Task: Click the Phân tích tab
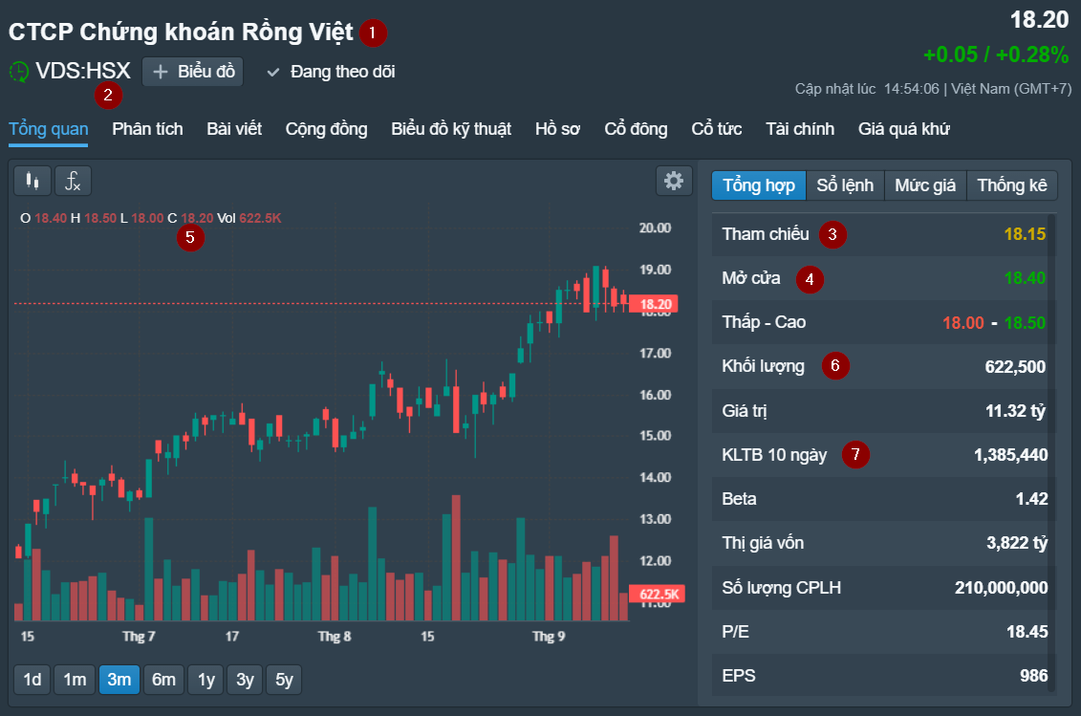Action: pyautogui.click(x=147, y=129)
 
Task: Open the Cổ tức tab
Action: pyautogui.click(x=717, y=129)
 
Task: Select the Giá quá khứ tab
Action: pyautogui.click(x=903, y=129)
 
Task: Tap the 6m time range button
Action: pyautogui.click(x=164, y=680)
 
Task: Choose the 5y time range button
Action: pyautogui.click(x=284, y=680)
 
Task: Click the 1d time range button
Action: pyautogui.click(x=32, y=680)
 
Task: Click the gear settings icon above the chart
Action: pyautogui.click(x=674, y=181)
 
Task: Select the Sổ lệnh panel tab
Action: pyautogui.click(x=845, y=185)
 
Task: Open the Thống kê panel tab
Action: pyautogui.click(x=1012, y=185)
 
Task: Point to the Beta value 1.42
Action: pyautogui.click(x=1031, y=499)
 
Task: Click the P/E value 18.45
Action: pyautogui.click(x=1027, y=631)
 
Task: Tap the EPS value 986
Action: pyautogui.click(x=1033, y=676)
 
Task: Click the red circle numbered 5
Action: pyautogui.click(x=190, y=237)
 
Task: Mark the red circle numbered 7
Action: pyautogui.click(x=855, y=455)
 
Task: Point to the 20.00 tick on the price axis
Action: pyautogui.click(x=654, y=228)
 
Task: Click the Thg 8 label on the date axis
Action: pyautogui.click(x=335, y=636)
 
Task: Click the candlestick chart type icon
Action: pyautogui.click(x=32, y=181)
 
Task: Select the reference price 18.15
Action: pyautogui.click(x=1025, y=234)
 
